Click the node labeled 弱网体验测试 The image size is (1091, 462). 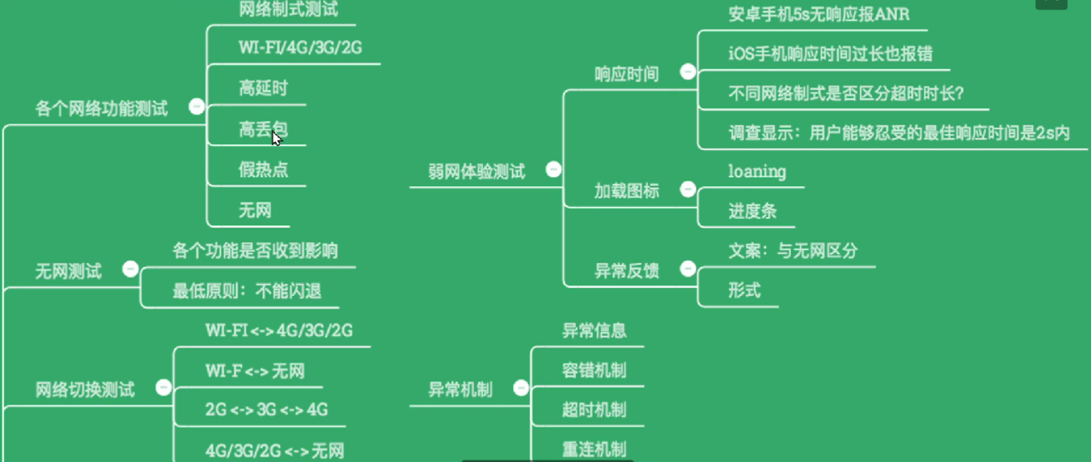(x=477, y=171)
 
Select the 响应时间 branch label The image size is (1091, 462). (x=626, y=74)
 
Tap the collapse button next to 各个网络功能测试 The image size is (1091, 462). (x=196, y=106)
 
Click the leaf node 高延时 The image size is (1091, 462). (x=262, y=88)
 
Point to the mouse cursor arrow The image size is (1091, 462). (x=275, y=137)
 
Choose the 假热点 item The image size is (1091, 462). (x=263, y=169)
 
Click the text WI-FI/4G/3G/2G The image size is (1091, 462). (x=300, y=47)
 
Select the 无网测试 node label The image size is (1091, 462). (x=68, y=271)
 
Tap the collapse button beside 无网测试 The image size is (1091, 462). (x=131, y=269)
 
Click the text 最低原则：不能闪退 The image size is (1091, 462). (x=246, y=291)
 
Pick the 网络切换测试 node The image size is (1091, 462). (x=84, y=390)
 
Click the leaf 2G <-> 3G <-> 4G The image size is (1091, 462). (x=266, y=410)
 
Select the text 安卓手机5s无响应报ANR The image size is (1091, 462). (x=818, y=14)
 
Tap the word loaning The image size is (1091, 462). (x=756, y=171)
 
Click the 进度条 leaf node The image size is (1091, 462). (x=752, y=211)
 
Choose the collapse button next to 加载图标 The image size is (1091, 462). (x=687, y=188)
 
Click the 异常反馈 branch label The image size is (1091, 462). (x=626, y=271)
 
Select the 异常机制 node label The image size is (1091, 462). (x=460, y=390)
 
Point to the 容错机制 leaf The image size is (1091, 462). (x=594, y=370)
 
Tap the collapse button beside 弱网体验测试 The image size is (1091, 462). (x=553, y=169)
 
